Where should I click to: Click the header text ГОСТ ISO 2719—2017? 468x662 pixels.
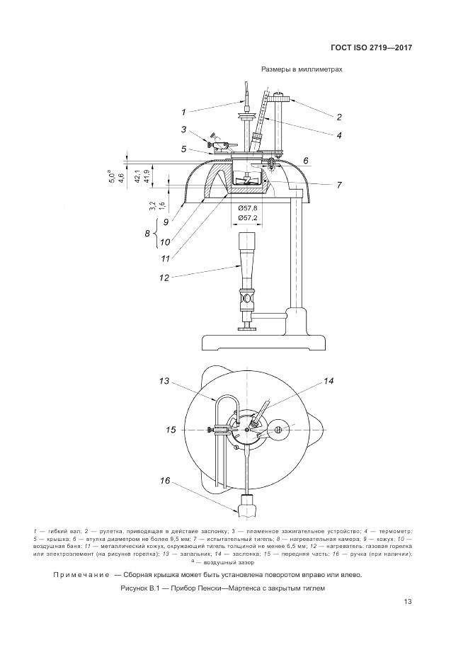[371, 48]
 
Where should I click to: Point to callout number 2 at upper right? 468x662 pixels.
[339, 117]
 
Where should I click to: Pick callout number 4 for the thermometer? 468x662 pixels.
[339, 135]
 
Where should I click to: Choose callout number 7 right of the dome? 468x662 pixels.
[339, 185]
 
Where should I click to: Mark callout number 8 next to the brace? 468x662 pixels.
[148, 233]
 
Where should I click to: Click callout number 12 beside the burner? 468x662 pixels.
[164, 278]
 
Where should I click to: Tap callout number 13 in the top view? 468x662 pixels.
[165, 382]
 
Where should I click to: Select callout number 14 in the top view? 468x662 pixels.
[329, 382]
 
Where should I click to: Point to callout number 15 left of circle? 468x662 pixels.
[170, 429]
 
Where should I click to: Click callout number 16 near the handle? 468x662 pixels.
[165, 481]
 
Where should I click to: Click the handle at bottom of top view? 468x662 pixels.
[247, 506]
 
